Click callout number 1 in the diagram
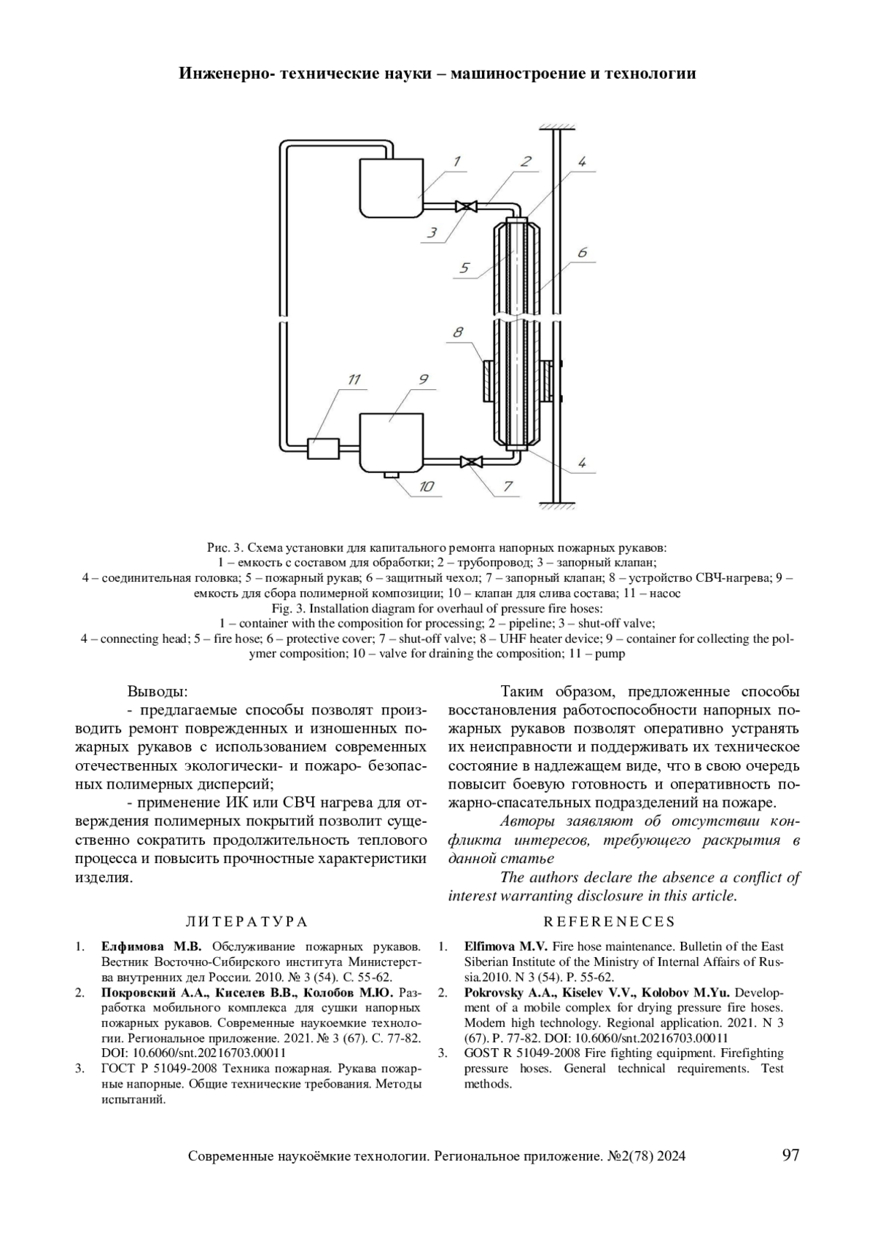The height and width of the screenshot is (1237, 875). (x=456, y=161)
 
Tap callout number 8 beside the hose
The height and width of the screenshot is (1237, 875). (x=458, y=333)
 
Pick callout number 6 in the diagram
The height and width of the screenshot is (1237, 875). (x=582, y=252)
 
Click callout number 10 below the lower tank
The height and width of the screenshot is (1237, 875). (x=426, y=486)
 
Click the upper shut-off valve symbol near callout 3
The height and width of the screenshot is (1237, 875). (x=462, y=206)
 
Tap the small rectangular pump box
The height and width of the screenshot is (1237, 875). (x=322, y=448)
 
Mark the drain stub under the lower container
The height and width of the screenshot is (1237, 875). (x=392, y=476)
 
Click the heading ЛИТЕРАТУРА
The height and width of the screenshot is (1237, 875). (x=247, y=922)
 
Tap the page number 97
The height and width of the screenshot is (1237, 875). (x=790, y=1155)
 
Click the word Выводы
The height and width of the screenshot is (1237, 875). (x=158, y=690)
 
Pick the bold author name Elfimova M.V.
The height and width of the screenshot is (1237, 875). (x=506, y=946)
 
